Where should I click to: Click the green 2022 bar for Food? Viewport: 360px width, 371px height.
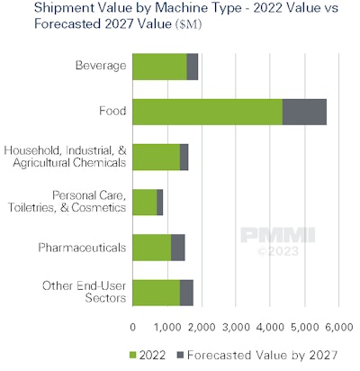(x=207, y=111)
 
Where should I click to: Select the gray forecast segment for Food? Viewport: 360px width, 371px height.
(x=304, y=111)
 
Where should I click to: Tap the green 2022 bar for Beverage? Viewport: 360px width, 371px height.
(x=159, y=67)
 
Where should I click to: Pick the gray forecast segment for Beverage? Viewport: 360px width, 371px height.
(x=193, y=67)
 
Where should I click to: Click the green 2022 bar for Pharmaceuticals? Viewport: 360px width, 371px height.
(x=152, y=247)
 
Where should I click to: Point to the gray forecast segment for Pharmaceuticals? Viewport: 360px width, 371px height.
(x=178, y=247)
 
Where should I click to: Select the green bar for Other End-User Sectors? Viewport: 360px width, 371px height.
(x=156, y=292)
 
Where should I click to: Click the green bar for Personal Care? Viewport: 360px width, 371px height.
(x=144, y=202)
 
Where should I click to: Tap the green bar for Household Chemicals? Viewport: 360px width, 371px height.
(x=156, y=157)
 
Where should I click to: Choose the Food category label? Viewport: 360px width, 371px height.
(x=112, y=111)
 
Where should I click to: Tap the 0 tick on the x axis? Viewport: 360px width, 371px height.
(x=133, y=324)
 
